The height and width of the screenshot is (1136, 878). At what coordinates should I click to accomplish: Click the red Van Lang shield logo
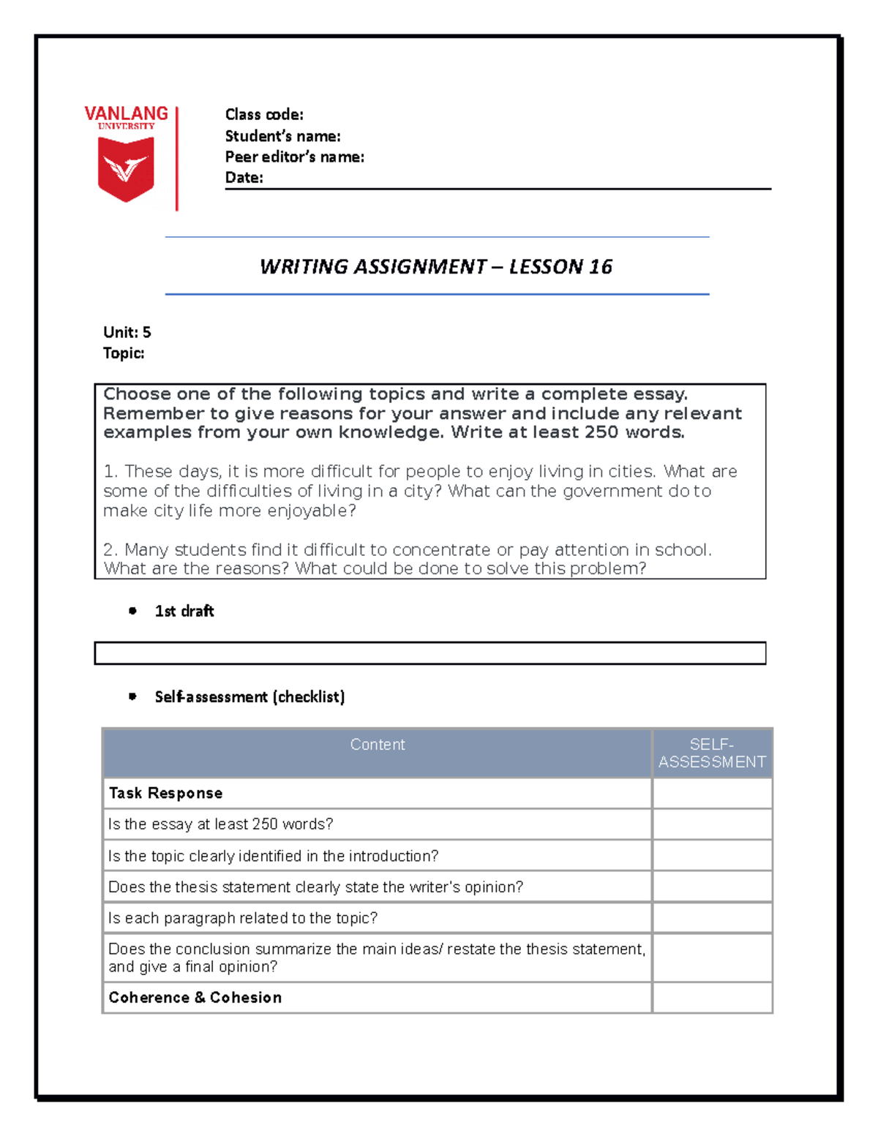(126, 169)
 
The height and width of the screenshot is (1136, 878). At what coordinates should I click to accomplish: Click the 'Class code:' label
(264, 115)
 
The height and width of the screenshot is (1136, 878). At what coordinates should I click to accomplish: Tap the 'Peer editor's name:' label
(294, 157)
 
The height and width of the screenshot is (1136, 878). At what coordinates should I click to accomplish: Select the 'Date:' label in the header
(244, 178)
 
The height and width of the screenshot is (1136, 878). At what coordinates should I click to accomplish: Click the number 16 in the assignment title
(601, 266)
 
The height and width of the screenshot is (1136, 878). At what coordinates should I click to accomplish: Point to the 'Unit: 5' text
(127, 332)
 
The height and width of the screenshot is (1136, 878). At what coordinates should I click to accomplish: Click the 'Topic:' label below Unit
(124, 353)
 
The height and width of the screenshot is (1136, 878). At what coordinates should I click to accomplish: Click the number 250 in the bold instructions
(601, 432)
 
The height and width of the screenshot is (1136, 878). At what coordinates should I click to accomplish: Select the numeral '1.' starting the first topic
(110, 472)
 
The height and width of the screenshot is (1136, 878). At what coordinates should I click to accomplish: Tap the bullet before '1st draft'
(132, 611)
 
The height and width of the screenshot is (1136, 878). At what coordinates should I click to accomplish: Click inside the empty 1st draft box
(429, 653)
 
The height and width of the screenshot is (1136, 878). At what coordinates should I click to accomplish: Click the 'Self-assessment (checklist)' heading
(249, 696)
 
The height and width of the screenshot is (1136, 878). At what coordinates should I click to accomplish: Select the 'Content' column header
(377, 745)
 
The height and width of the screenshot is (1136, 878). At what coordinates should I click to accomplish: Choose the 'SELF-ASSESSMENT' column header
(712, 753)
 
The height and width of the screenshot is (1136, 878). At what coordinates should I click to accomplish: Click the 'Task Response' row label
(165, 793)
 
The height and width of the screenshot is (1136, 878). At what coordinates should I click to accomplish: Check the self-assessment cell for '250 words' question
(712, 824)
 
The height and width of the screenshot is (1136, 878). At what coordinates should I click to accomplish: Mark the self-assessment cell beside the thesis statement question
(712, 887)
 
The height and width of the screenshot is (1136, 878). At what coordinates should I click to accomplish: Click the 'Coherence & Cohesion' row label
(195, 998)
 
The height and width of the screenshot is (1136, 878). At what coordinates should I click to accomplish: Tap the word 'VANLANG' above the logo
(126, 113)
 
